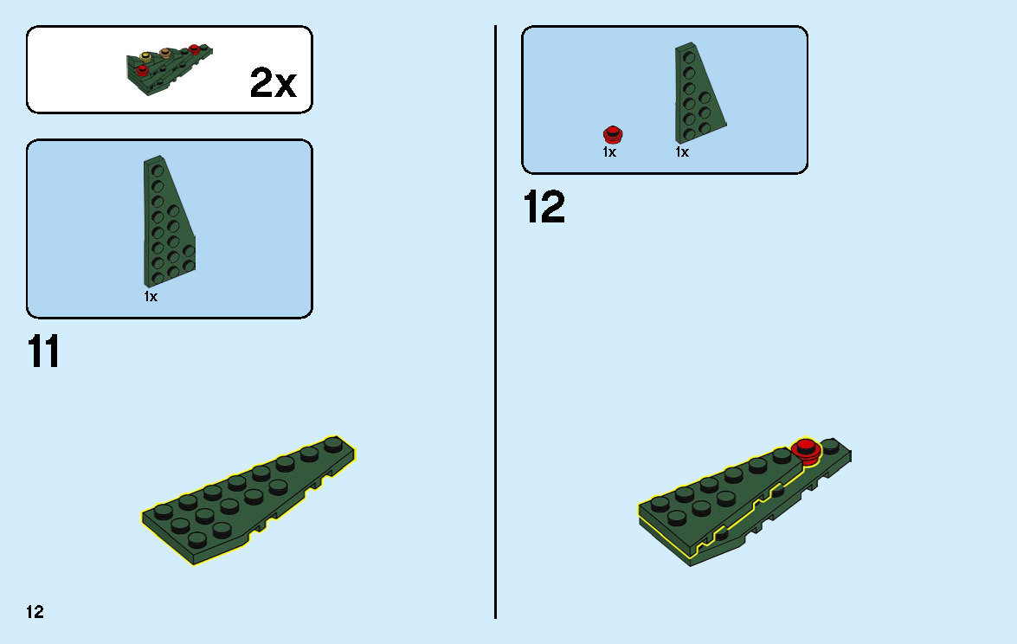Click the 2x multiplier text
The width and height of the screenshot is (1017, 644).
point(273,82)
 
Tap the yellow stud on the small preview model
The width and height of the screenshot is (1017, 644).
point(146,56)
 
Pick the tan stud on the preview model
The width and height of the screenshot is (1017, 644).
point(164,52)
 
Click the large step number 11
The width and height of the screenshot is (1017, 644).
point(43,351)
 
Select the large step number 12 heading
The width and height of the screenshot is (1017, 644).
point(544,207)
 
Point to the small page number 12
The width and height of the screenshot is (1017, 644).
point(35,612)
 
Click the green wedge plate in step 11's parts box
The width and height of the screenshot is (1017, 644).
point(170,221)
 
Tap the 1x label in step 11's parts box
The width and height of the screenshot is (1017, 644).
point(151,296)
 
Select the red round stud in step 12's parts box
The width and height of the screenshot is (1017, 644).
point(613,134)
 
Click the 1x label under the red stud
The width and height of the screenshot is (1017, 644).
point(609,151)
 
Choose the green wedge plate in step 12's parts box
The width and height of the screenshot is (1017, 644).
point(700,93)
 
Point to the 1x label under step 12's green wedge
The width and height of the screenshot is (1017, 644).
point(682,151)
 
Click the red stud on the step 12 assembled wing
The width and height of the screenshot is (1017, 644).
point(806,448)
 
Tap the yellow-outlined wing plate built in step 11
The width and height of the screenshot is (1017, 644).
point(248,500)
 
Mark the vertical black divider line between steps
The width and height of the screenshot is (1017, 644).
point(496,322)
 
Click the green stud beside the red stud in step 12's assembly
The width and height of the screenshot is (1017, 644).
point(830,445)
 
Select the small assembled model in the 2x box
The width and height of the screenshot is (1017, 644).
point(170,69)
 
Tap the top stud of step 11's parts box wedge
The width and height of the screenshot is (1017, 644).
point(157,171)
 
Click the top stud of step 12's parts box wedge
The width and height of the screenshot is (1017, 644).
point(689,58)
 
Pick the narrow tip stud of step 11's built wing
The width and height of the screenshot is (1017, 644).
point(333,443)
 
